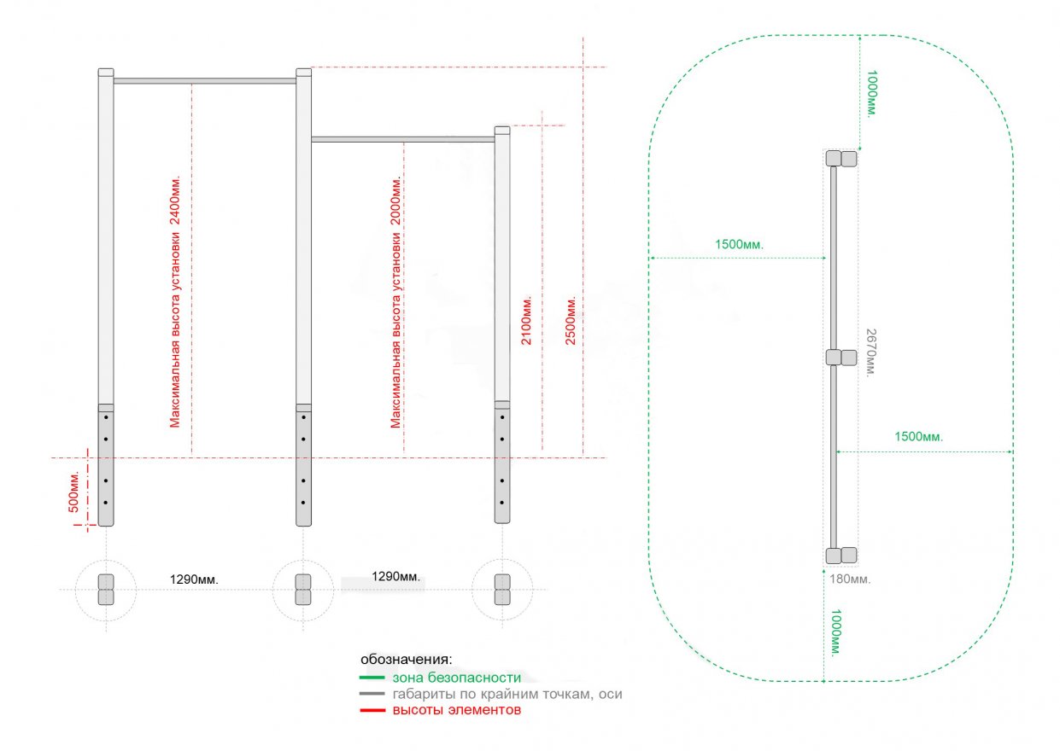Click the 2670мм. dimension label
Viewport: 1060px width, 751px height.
point(870,352)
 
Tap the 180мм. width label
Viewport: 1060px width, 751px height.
point(850,579)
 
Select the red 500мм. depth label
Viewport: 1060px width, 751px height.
point(74,492)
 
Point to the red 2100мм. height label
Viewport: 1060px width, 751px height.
point(527,321)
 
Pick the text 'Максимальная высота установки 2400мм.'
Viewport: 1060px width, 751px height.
point(175,302)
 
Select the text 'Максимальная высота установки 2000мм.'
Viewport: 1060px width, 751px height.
point(395,302)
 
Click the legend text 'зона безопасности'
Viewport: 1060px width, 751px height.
point(456,678)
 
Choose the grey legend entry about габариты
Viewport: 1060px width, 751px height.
point(507,694)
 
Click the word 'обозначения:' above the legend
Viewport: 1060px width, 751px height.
point(406,660)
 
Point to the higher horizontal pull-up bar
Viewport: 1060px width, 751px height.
point(205,81)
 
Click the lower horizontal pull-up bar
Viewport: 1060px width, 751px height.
point(402,138)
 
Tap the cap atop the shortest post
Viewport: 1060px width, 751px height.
point(502,131)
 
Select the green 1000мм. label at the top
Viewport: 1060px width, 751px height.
point(870,94)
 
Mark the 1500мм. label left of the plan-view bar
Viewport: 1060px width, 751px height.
point(739,244)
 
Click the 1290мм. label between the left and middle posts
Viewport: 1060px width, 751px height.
point(194,579)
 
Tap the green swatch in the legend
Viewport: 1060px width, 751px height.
point(372,678)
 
